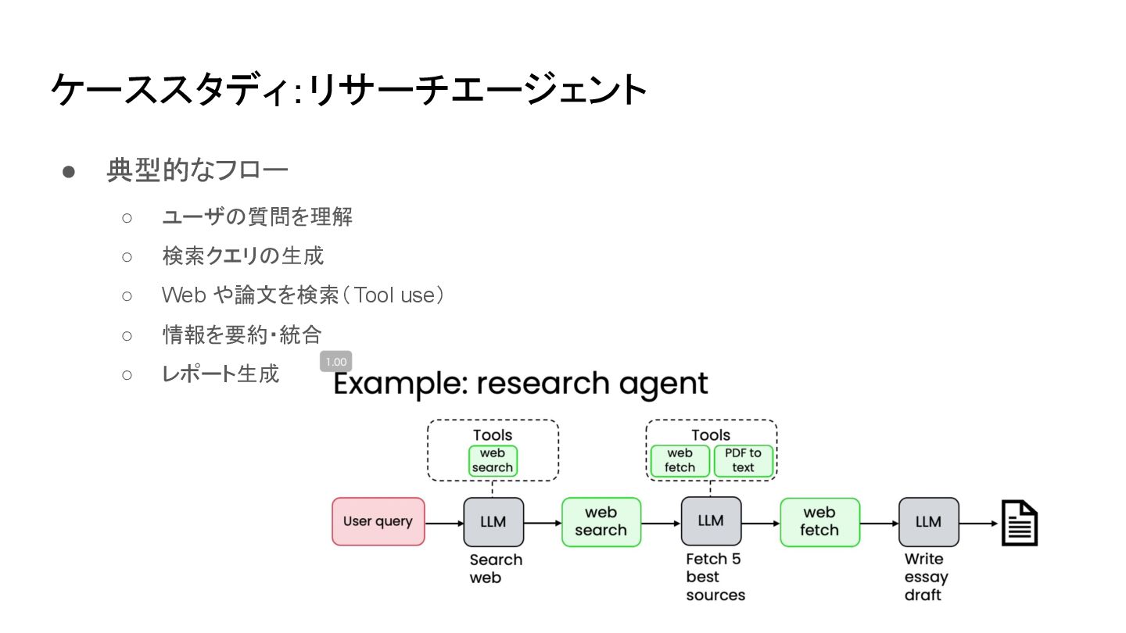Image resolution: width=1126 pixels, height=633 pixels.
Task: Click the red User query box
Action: point(378,521)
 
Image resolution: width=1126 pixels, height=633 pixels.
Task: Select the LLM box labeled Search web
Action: point(493,521)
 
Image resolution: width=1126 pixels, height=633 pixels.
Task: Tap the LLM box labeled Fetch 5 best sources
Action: point(711,521)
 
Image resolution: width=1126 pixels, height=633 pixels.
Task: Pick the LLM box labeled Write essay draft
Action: point(928,521)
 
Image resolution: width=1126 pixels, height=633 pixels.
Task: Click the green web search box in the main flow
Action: point(601,521)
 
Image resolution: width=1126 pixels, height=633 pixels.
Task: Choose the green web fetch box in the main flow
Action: point(819,521)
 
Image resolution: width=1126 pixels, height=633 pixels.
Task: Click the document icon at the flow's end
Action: point(1020,523)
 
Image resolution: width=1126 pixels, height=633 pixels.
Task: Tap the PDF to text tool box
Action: point(743,460)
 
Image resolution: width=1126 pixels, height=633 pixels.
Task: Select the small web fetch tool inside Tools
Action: point(680,460)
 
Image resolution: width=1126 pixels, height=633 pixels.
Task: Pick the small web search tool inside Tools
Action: point(493,460)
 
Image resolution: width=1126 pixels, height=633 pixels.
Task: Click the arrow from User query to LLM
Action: point(444,523)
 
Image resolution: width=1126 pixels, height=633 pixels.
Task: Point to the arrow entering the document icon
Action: point(980,523)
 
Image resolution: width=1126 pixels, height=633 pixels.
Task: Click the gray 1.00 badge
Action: point(335,362)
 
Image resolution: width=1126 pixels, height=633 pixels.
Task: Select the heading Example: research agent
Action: point(521,384)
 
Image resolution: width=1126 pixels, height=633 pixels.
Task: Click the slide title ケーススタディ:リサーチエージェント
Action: point(349,91)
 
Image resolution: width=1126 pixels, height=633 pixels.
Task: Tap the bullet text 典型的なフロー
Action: point(198,170)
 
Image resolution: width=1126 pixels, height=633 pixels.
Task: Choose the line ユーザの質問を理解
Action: point(257,216)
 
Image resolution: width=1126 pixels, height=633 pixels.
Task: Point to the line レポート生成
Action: point(220,374)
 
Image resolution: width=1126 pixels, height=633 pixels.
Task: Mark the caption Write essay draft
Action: point(926,577)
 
